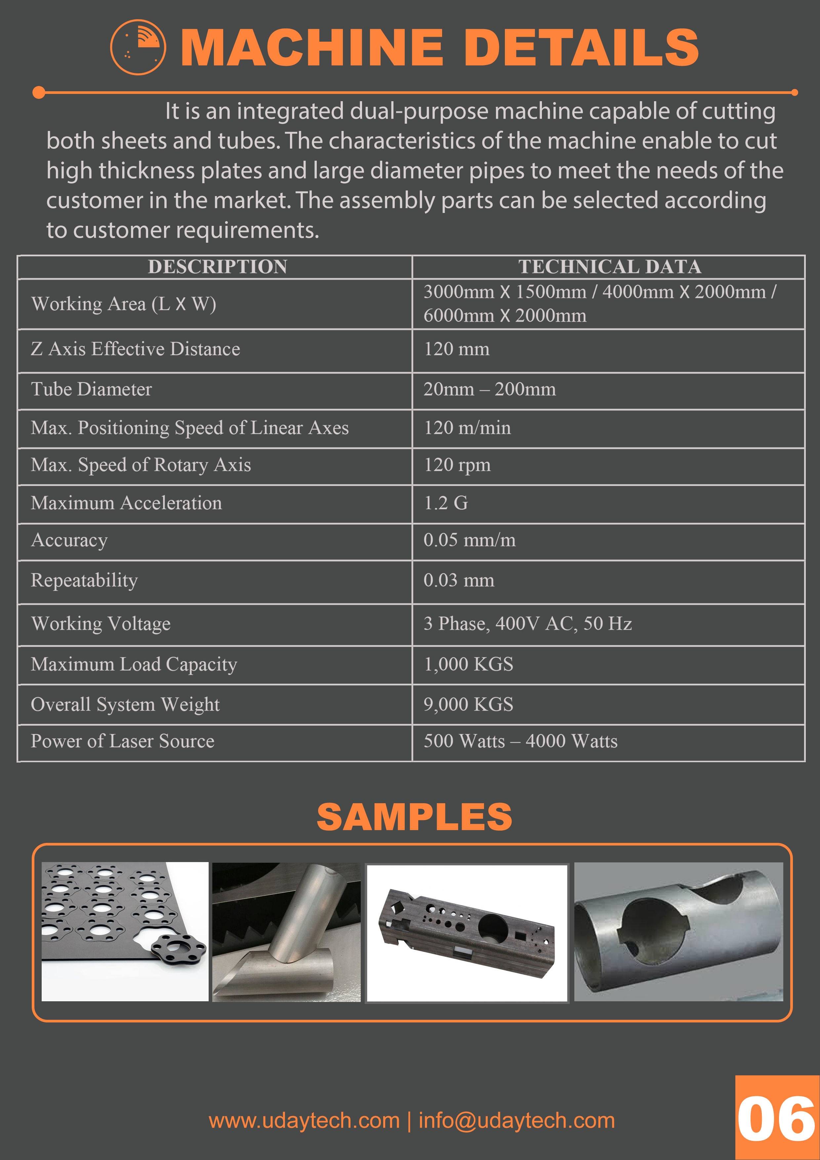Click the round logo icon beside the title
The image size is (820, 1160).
(x=138, y=47)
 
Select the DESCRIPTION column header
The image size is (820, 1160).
(x=217, y=267)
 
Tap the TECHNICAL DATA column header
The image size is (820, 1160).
(x=609, y=267)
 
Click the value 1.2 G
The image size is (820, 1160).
(x=446, y=503)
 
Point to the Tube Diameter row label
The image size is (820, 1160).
(x=92, y=390)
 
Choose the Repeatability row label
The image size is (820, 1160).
(x=84, y=581)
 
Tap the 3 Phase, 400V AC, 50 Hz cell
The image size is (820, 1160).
(x=527, y=624)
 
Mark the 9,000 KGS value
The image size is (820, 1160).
(x=468, y=705)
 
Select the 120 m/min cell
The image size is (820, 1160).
(x=467, y=428)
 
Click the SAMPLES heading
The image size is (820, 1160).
(x=414, y=817)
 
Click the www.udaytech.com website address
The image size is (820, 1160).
(x=304, y=1121)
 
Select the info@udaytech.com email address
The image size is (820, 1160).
(x=516, y=1121)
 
